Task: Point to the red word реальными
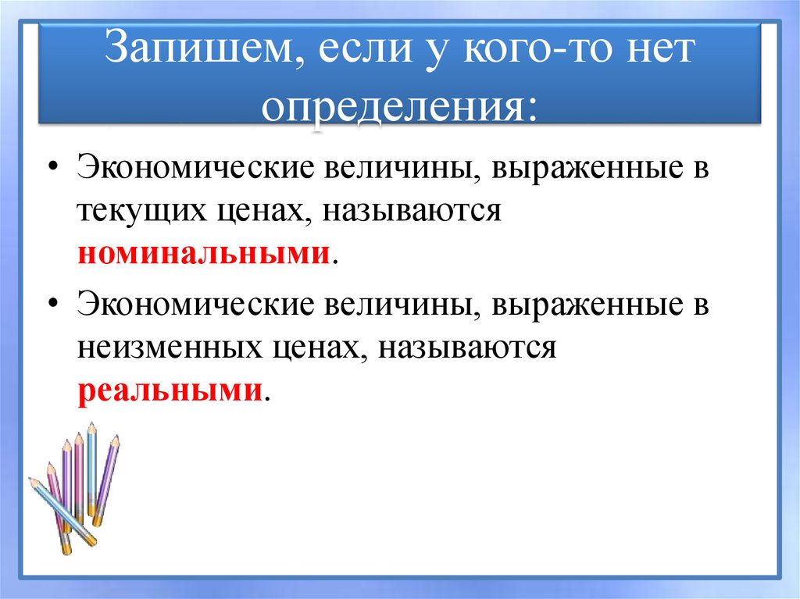169,390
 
